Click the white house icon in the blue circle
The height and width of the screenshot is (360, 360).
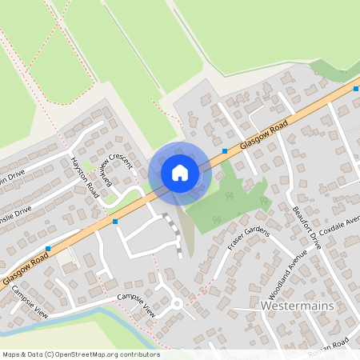point(180,173)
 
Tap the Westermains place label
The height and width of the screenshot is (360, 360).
point(294,306)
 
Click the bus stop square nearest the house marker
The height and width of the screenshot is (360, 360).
point(225,150)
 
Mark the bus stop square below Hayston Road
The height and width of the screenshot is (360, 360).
point(115,220)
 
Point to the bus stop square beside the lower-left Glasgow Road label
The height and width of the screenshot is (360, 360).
point(48,249)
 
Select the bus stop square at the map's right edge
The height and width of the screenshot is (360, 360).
point(355,89)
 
